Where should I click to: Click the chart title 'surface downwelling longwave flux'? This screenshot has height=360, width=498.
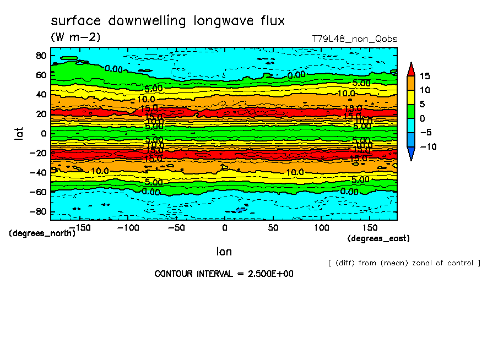click(x=167, y=21)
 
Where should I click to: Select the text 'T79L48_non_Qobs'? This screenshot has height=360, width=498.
click(x=354, y=39)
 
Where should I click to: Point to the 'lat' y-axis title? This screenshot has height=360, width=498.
click(x=19, y=133)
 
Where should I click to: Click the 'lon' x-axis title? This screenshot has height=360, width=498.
click(x=224, y=252)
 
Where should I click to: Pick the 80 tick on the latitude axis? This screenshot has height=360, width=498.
click(x=41, y=55)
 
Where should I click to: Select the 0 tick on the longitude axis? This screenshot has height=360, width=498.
click(x=224, y=227)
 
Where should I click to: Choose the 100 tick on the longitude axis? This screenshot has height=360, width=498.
click(x=321, y=227)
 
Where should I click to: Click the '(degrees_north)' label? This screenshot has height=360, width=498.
click(x=42, y=233)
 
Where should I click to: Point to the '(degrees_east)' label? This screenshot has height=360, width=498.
click(x=378, y=238)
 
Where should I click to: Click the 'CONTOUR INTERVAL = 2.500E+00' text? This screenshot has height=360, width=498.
click(x=224, y=274)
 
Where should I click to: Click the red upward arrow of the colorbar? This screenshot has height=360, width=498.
click(x=410, y=69)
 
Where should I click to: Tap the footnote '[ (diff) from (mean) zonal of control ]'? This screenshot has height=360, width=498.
click(x=404, y=263)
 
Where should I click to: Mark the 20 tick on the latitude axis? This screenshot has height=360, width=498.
click(x=41, y=114)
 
